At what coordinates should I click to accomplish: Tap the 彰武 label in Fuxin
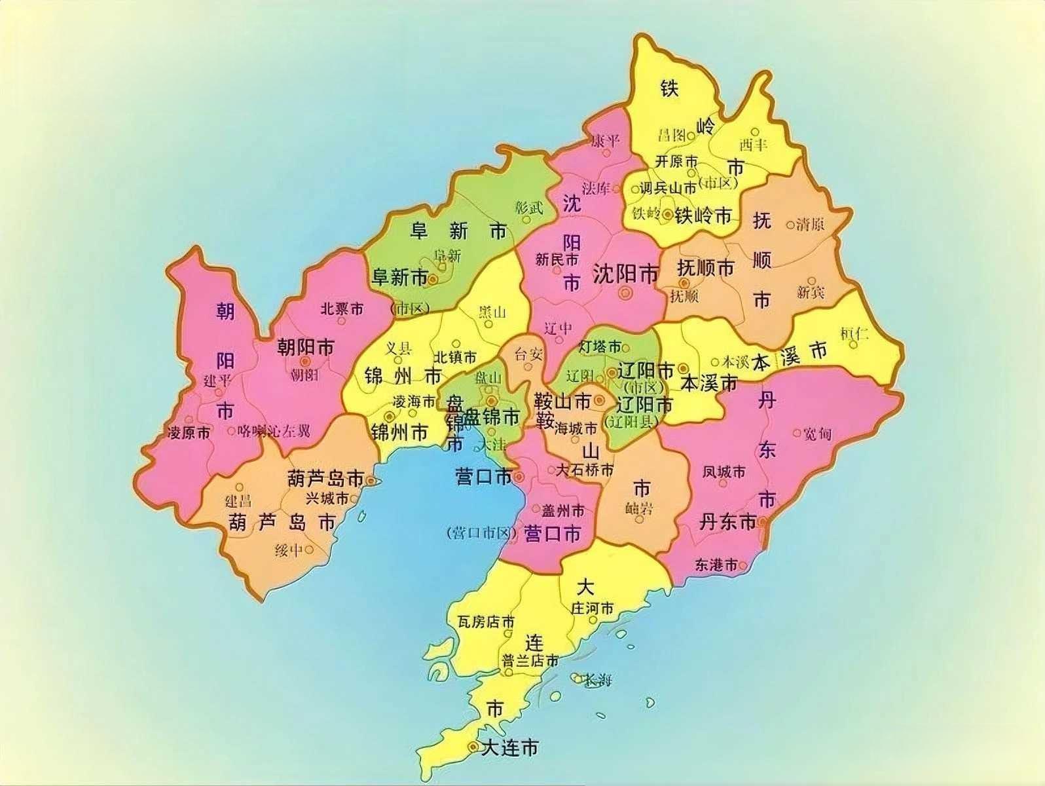pos(529,208)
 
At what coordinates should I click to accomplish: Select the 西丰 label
pos(753,145)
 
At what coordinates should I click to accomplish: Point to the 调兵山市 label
pos(668,188)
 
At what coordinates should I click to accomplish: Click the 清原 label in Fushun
pos(810,224)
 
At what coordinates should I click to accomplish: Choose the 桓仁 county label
pos(854,333)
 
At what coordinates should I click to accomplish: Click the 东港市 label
pos(716,565)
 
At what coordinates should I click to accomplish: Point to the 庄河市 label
pos(593,608)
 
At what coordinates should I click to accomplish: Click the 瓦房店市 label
pos(486,622)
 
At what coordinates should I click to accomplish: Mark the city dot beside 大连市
pos(472,747)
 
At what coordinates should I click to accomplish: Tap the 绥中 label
pos(288,550)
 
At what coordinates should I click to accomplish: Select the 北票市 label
pos(342,309)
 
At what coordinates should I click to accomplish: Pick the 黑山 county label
pos(492,312)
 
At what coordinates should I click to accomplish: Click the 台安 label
pos(528,354)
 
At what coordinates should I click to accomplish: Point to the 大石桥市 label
pos(585,470)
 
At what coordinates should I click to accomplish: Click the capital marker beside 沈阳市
pos(626,292)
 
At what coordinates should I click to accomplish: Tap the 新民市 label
pos(557,259)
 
